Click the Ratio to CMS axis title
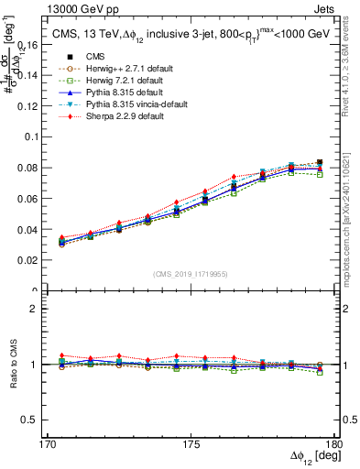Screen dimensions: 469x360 [11, 364]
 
